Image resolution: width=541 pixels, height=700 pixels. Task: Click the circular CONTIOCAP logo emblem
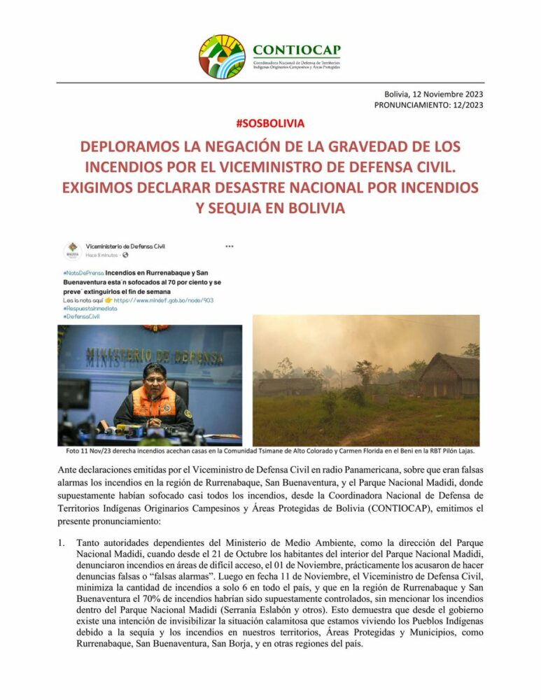tap(222, 57)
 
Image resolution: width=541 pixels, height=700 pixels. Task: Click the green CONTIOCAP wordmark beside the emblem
tap(297, 50)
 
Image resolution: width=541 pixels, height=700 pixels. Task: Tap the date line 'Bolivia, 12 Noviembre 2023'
tap(433, 94)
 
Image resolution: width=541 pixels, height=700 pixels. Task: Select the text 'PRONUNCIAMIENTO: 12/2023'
tap(428, 105)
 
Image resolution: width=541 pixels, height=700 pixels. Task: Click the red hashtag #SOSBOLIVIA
tap(271, 123)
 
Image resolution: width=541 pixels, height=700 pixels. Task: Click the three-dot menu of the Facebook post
tap(230, 246)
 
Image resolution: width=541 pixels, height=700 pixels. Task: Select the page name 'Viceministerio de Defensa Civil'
tap(125, 247)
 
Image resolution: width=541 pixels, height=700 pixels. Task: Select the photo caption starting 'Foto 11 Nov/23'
tap(270, 451)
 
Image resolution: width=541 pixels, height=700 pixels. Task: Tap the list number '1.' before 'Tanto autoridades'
tap(63, 542)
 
